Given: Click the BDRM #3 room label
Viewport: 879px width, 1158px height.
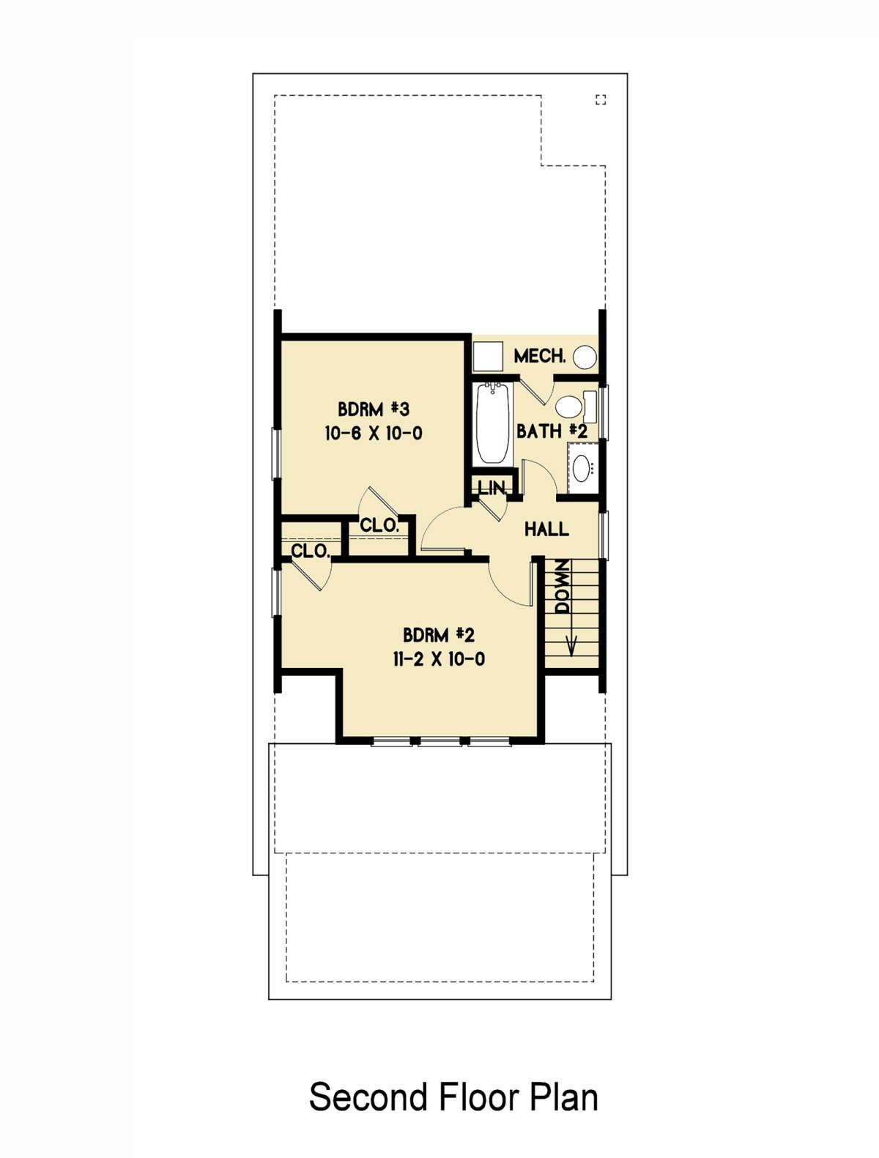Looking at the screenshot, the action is coord(374,409).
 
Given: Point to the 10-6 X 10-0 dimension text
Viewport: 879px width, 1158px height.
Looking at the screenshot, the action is coord(374,434).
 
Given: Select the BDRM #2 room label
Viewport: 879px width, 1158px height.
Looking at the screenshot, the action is coord(439,634).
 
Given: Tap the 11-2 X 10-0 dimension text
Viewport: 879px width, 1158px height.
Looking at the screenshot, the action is coord(439,659).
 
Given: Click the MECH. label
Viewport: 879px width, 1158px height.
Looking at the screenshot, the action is coord(541,356).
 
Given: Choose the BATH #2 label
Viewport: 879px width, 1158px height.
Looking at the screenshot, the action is coord(552,431).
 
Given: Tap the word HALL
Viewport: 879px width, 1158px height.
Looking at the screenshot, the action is coord(546,529).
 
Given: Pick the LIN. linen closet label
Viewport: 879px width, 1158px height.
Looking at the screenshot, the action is coord(492,488).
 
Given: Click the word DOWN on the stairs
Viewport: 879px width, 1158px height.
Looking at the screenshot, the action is coord(563,586).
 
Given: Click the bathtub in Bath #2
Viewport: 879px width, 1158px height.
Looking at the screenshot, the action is coord(493,423).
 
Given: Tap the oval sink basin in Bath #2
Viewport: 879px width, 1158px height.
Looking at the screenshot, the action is coord(582,468).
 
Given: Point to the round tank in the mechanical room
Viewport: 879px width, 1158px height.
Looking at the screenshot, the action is coord(585,357).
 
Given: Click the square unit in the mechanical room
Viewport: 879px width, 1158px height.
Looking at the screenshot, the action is coord(488,357).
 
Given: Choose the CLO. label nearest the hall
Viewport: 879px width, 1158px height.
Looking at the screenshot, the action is coord(379,525).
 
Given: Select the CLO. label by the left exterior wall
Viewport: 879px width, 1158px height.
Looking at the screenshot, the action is coord(311,552).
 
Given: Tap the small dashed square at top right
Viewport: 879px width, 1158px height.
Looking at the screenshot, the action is coord(601,100).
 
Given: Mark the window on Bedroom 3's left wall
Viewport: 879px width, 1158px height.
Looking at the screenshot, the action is coord(275,453).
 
